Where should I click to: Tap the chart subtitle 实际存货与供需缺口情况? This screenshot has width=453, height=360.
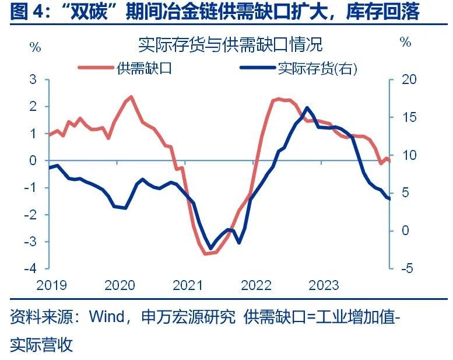230,44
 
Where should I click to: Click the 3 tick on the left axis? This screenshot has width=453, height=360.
33,79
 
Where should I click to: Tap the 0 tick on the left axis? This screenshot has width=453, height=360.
33,160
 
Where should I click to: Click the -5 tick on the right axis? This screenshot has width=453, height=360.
406,269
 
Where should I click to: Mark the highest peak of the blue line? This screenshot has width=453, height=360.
307,107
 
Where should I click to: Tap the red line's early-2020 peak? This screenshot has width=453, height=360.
131,97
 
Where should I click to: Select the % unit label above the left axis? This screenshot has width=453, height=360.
35,47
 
